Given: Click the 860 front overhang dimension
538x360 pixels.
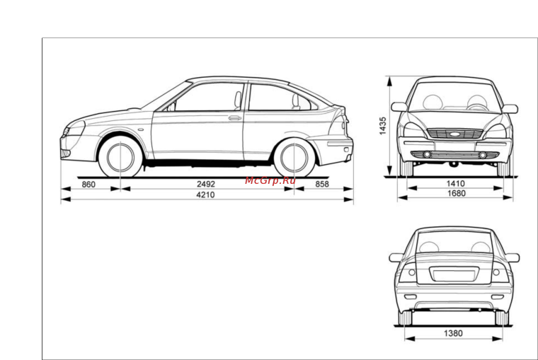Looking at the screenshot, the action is click(x=88, y=185).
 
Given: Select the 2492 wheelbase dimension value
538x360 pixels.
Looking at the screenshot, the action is click(x=206, y=184).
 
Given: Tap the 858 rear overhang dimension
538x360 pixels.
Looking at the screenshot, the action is click(x=322, y=184).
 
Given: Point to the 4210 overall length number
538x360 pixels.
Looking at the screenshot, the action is click(x=205, y=194).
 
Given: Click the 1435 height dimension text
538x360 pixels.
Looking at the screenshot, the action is click(x=382, y=126).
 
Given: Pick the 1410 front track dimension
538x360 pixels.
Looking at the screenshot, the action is click(x=455, y=183).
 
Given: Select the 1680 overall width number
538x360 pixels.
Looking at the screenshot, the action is click(x=457, y=193).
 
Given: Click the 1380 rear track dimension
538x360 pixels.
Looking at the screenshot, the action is click(x=453, y=333).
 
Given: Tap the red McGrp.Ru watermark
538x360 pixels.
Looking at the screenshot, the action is click(x=270, y=180).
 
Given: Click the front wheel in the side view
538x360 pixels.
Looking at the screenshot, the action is click(x=120, y=158).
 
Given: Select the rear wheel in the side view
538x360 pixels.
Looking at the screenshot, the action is click(x=294, y=158).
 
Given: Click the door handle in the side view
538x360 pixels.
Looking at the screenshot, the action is click(x=235, y=118).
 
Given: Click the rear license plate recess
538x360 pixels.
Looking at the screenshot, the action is click(x=454, y=274).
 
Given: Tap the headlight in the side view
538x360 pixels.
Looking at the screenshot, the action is click(x=73, y=129).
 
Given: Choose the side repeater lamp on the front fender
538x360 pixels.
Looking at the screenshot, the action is click(x=141, y=130).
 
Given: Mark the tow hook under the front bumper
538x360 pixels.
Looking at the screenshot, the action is click(x=454, y=165).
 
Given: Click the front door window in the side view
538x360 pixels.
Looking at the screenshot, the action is click(x=207, y=97).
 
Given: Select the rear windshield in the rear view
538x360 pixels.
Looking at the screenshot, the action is click(x=454, y=242).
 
